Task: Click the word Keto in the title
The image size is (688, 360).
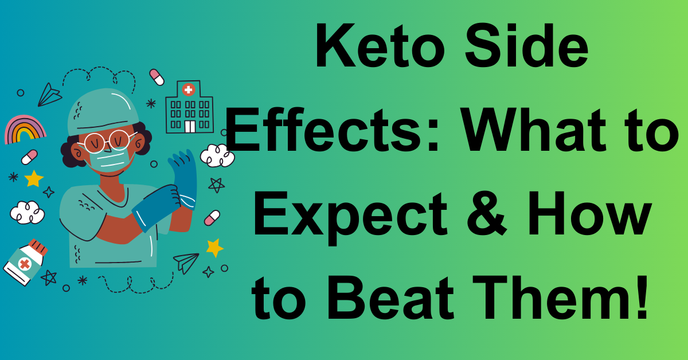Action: click(x=380, y=45)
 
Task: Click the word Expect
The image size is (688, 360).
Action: click(x=350, y=217)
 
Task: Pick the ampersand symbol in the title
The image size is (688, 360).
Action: click(x=487, y=213)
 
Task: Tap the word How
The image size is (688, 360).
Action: click(x=589, y=213)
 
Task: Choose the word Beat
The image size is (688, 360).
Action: click(x=390, y=298)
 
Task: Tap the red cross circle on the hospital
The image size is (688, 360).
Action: click(x=189, y=89)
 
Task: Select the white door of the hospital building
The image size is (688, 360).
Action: click(x=190, y=126)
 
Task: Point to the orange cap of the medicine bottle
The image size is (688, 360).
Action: click(x=38, y=248)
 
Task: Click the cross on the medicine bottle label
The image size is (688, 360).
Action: click(x=25, y=264)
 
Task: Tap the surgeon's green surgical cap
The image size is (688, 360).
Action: click(x=103, y=112)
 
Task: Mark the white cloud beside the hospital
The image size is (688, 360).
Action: click(x=217, y=155)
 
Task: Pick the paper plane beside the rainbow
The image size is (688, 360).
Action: click(x=49, y=95)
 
